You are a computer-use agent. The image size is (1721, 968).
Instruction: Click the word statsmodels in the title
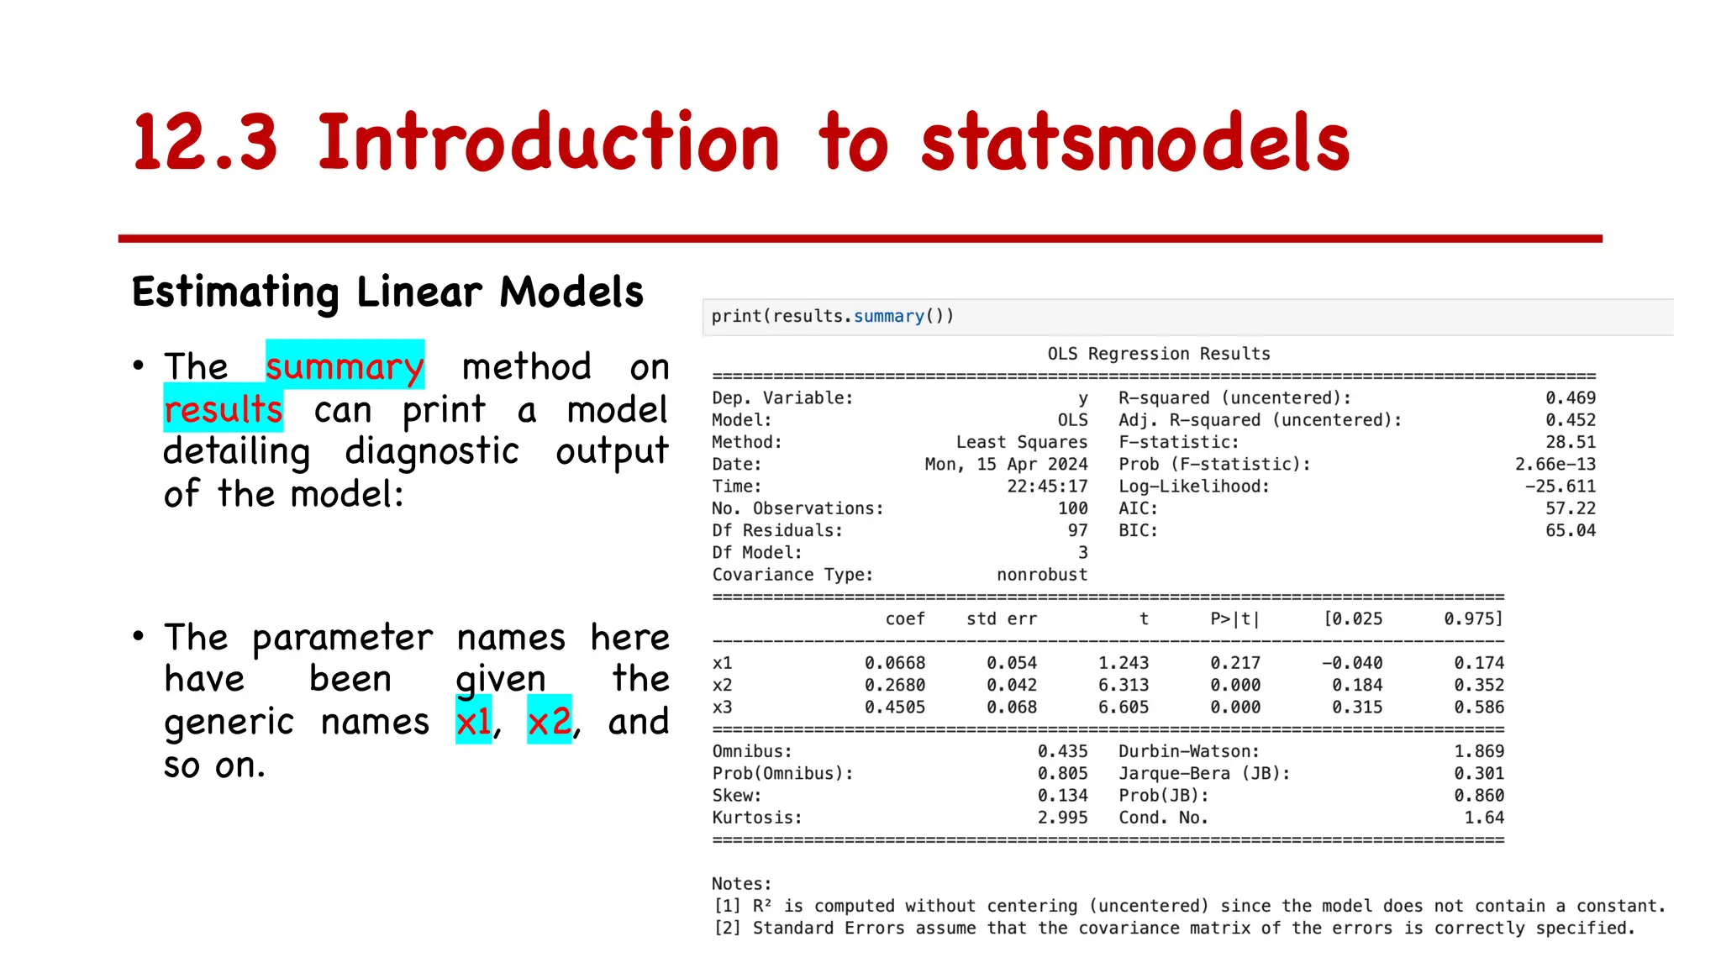tap(1134, 143)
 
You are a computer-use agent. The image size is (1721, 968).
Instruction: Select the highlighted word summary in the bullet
tap(345, 366)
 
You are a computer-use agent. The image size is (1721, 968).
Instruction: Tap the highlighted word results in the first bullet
tap(223, 410)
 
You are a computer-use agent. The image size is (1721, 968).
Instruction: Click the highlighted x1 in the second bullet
tap(473, 721)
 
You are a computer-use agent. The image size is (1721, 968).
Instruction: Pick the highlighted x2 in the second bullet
tap(549, 721)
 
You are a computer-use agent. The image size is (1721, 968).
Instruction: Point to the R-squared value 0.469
tap(1570, 398)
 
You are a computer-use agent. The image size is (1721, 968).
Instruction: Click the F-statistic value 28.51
tap(1570, 442)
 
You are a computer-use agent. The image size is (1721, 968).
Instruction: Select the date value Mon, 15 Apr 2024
tap(1006, 465)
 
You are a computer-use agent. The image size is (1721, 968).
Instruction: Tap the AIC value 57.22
tap(1570, 508)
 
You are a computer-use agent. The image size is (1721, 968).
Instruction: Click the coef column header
tap(905, 619)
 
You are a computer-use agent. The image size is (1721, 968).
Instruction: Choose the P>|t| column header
tap(1234, 619)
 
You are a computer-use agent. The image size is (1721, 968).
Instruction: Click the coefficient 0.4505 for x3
tap(894, 708)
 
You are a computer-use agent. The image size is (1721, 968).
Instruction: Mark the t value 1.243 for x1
tap(1123, 663)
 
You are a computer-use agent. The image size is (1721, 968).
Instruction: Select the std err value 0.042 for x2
tap(1011, 686)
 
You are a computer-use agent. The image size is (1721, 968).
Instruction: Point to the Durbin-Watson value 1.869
tap(1479, 751)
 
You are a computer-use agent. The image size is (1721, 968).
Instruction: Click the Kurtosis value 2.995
tap(1062, 818)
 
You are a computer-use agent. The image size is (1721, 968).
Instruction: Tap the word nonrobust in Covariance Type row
tap(1042, 575)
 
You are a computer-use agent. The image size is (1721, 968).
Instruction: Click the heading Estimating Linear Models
tap(387, 292)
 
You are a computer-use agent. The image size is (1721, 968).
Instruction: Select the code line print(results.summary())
tap(832, 317)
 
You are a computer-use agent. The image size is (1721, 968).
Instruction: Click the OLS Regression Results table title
tap(1158, 354)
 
